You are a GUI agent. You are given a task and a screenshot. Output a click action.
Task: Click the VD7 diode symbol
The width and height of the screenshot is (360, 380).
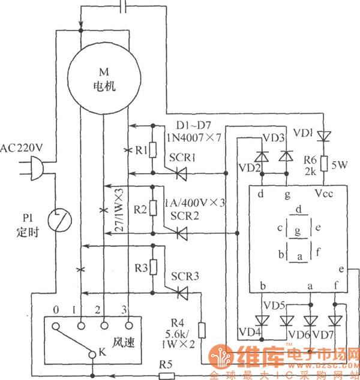point(335,318)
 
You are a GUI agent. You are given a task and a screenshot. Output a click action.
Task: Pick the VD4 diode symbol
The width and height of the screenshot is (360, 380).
point(261,318)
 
